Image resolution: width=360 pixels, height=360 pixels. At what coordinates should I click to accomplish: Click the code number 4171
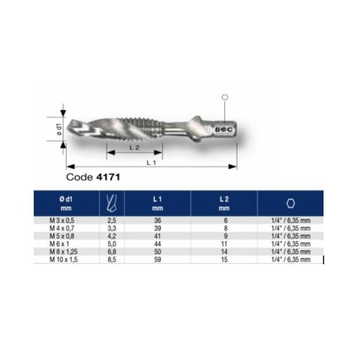(x=110, y=178)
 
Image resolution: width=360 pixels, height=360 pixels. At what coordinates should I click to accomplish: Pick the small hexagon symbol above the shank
(x=224, y=98)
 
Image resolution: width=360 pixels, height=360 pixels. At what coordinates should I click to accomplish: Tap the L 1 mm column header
(x=157, y=204)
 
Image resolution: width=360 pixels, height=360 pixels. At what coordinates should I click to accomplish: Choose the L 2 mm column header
(x=224, y=204)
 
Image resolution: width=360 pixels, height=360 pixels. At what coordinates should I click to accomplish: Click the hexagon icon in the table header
(x=290, y=204)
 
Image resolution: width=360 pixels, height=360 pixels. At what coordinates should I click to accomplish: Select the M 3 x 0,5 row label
(x=67, y=220)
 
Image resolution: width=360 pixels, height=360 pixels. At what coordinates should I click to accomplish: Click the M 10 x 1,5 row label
(x=67, y=259)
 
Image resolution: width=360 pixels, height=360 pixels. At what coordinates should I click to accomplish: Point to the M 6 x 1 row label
(x=67, y=243)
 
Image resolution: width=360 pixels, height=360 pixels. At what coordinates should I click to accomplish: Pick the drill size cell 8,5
(x=111, y=259)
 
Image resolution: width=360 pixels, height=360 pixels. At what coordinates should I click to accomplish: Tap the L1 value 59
(x=157, y=259)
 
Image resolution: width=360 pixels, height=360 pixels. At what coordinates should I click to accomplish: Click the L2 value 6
(x=224, y=220)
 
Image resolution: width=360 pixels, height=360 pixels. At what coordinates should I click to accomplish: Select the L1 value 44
(x=157, y=243)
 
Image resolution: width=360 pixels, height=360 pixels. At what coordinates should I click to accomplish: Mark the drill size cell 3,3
(x=111, y=228)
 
